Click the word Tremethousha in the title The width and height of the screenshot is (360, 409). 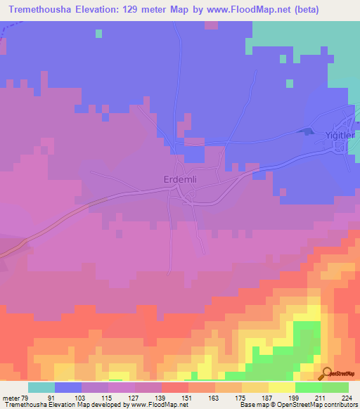43,9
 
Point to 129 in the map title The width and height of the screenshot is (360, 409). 145,9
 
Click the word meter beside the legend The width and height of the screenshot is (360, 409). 12,398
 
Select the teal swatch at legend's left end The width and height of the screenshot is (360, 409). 41,387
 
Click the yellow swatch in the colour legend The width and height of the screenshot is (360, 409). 282,387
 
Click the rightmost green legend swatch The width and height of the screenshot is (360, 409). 335,387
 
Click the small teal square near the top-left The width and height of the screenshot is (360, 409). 98,33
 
